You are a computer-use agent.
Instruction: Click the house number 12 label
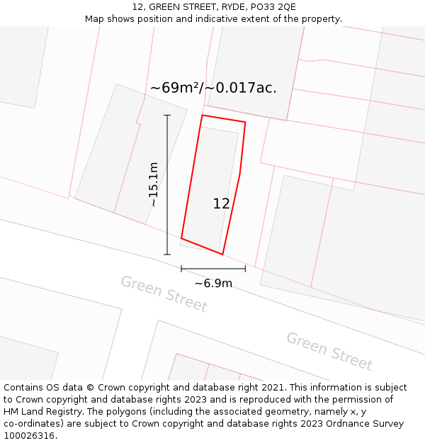click(x=221, y=203)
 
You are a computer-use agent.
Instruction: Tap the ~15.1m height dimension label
click(x=153, y=184)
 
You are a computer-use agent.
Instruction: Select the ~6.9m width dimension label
click(x=213, y=284)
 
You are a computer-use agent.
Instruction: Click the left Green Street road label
click(x=164, y=293)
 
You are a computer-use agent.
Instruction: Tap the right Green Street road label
click(x=329, y=351)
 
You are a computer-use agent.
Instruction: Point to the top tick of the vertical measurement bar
click(x=167, y=115)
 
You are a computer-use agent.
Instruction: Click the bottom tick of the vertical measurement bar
click(x=167, y=254)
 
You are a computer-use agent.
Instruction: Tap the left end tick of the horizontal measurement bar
click(x=181, y=269)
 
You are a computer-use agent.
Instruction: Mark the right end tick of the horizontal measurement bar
click(x=245, y=269)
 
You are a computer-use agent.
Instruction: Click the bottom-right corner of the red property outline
click(x=222, y=254)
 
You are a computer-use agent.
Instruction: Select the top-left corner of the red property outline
click(x=203, y=115)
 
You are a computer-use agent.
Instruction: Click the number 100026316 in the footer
click(x=29, y=436)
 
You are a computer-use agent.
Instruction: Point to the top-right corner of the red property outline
click(x=245, y=123)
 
